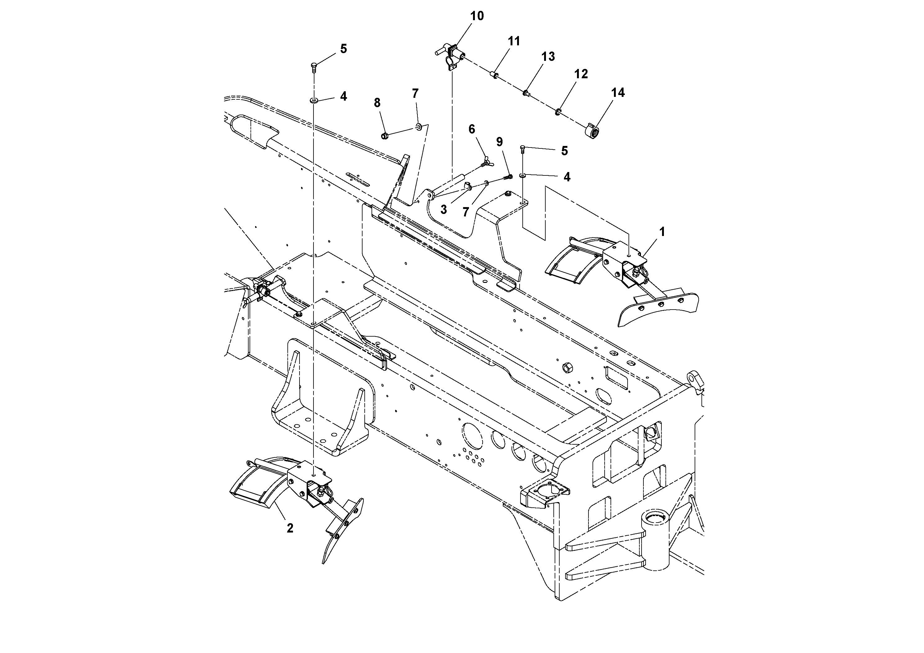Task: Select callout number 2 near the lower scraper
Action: point(290,528)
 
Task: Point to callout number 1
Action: point(662,232)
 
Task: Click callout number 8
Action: point(377,103)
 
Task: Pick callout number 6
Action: point(472,129)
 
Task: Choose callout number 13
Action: point(548,57)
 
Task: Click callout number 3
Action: point(444,210)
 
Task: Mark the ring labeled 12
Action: point(558,111)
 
